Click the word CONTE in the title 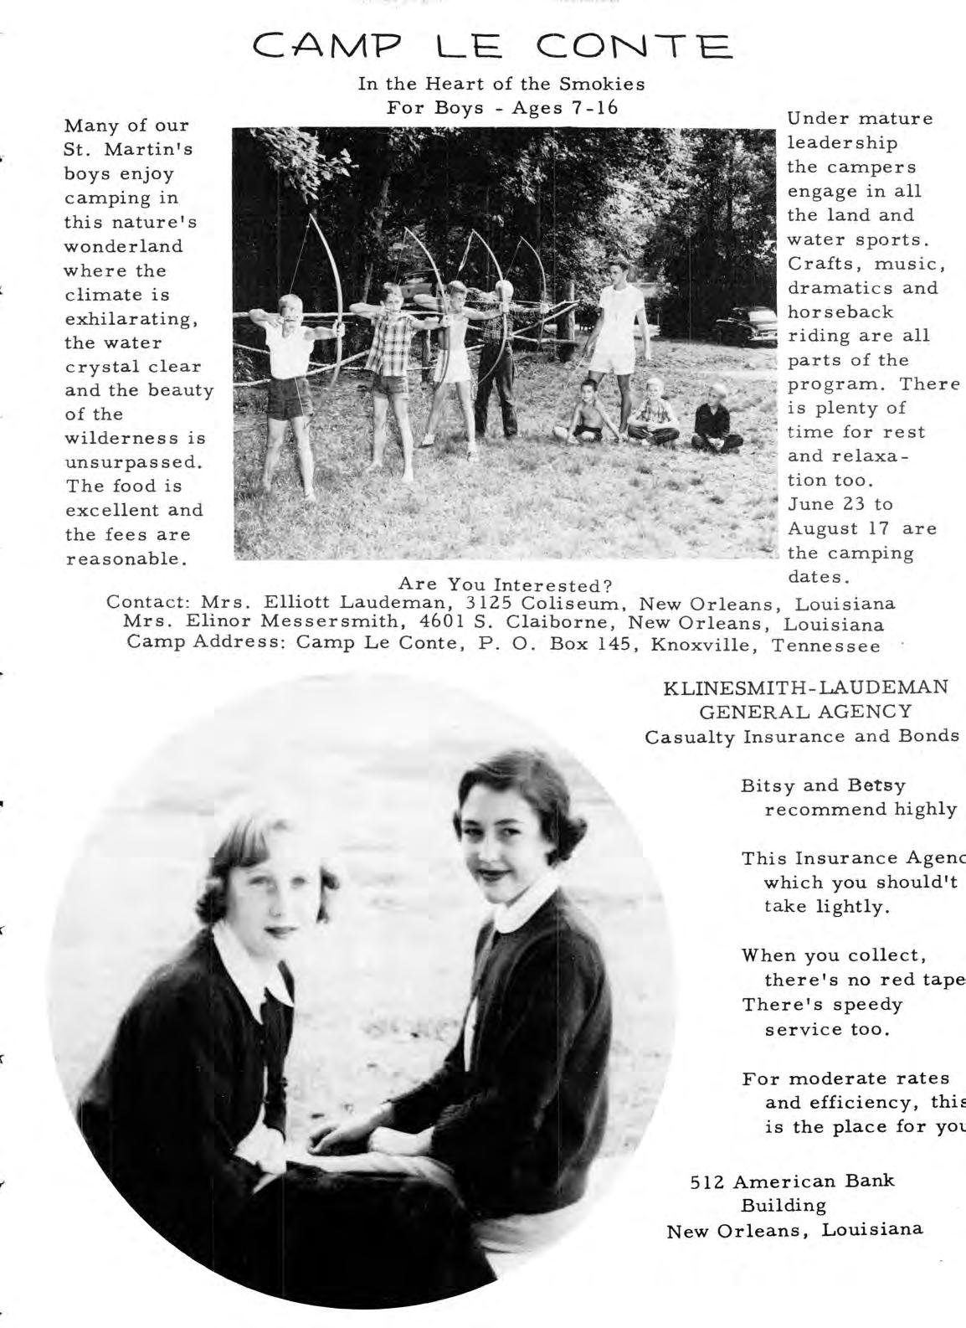638,46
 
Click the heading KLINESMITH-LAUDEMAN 806,687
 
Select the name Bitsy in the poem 766,785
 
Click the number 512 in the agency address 707,1181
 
